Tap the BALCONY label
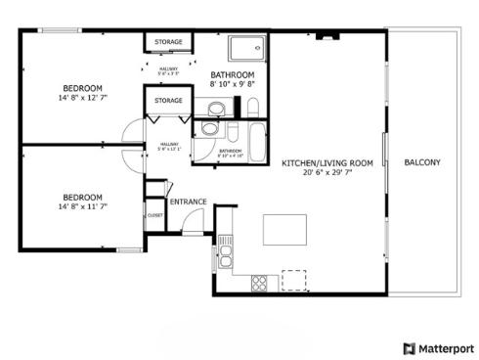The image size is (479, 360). (x=422, y=162)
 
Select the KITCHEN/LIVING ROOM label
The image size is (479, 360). (x=327, y=162)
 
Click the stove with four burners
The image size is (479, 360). (x=260, y=283)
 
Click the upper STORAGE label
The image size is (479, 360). (x=168, y=42)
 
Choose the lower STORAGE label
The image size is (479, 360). (x=168, y=100)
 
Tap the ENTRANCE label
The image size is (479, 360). (x=188, y=202)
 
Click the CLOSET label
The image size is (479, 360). (x=154, y=214)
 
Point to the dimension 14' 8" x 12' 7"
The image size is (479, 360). (x=83, y=98)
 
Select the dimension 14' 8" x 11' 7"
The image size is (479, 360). (x=83, y=205)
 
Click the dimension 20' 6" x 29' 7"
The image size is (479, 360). (x=327, y=173)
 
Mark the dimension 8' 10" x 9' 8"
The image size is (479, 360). (x=233, y=85)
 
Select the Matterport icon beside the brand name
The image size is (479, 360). (x=409, y=347)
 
